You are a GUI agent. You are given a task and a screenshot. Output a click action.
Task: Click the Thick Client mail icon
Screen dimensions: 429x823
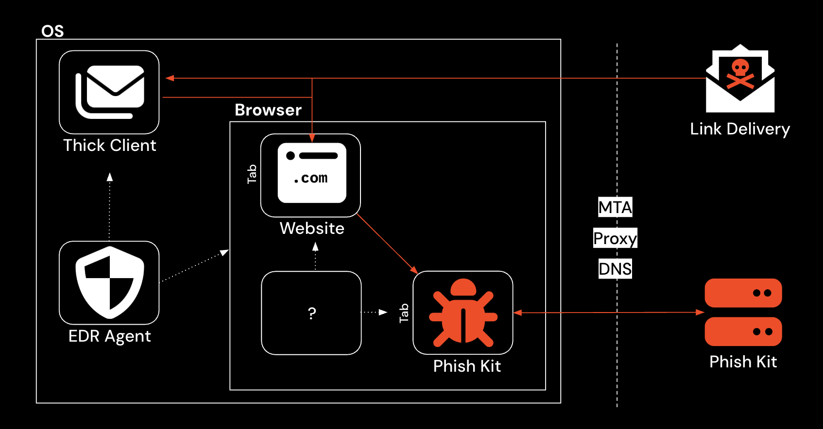(x=109, y=92)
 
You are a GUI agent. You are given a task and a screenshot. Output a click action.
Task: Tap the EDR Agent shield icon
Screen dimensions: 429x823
(x=109, y=283)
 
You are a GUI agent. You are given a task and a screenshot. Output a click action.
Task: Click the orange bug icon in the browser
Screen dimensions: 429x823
(x=463, y=313)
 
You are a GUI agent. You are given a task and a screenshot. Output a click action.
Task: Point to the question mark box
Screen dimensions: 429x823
(x=311, y=313)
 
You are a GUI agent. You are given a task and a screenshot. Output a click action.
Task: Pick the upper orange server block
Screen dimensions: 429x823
(x=743, y=293)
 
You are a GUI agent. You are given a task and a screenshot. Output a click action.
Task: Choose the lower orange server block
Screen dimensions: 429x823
(x=743, y=332)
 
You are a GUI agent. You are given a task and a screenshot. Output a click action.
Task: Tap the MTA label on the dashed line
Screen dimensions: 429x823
(x=615, y=207)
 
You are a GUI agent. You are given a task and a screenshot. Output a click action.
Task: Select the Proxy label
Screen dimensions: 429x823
(x=615, y=238)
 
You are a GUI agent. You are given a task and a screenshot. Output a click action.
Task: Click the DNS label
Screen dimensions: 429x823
(x=615, y=269)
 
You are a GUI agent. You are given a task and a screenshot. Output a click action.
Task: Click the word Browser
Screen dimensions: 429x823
(x=268, y=110)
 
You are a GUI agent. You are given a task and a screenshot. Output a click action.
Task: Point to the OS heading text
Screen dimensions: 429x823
(x=52, y=32)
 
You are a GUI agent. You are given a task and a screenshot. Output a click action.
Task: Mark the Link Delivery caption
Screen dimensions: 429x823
(x=740, y=129)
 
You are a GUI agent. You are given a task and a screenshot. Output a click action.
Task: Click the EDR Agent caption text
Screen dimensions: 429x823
(x=110, y=336)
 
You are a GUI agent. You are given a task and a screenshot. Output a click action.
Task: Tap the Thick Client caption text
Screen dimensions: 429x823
(x=110, y=146)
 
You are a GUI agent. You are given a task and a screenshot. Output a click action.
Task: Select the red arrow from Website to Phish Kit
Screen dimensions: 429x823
(x=387, y=244)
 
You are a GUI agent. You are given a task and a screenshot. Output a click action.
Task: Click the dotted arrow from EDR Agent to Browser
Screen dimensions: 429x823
(x=194, y=266)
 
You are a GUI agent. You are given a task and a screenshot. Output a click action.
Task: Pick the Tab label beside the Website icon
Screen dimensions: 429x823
(x=252, y=174)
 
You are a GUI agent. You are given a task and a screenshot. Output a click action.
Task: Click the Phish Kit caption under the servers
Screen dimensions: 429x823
(x=743, y=362)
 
